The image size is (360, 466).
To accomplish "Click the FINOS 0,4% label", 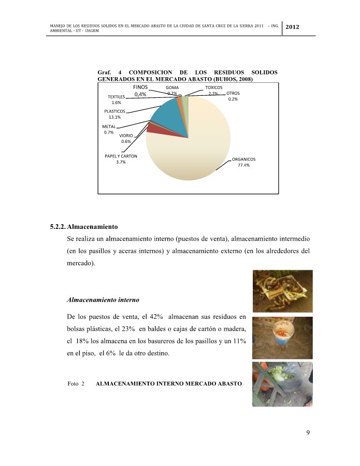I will point(140,91).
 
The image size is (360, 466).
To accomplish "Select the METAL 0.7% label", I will point(108,129).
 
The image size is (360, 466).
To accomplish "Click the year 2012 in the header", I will point(293,27).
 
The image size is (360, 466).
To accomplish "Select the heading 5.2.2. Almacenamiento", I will point(84,227).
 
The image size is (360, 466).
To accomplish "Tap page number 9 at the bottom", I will point(308,433).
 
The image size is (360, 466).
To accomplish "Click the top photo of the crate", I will point(282,291).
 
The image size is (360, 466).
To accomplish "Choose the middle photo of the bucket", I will point(282,338).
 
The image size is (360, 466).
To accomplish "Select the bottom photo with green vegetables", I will point(282,384).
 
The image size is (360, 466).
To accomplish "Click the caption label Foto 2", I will point(76,384).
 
